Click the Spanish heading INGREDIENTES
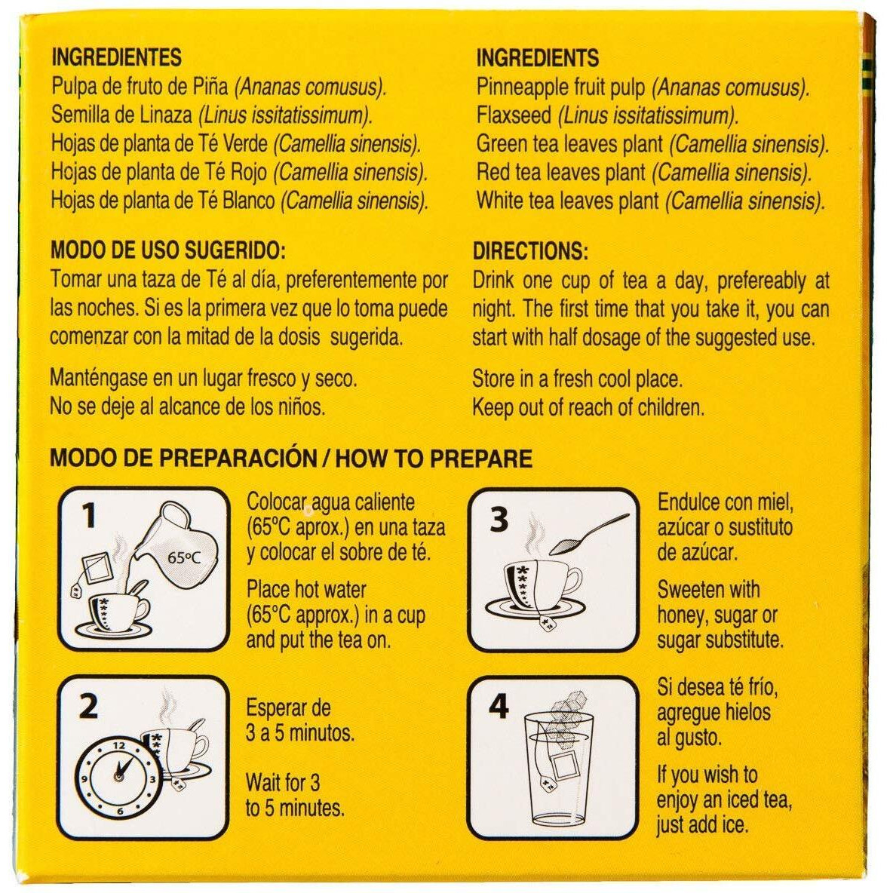click(117, 57)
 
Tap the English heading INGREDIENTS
click(538, 57)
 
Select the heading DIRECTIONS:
click(530, 251)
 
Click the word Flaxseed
click(514, 115)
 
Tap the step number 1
click(89, 515)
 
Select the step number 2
click(88, 706)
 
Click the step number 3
click(499, 519)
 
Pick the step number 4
click(499, 706)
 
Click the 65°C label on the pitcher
click(184, 557)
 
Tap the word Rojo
click(249, 172)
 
